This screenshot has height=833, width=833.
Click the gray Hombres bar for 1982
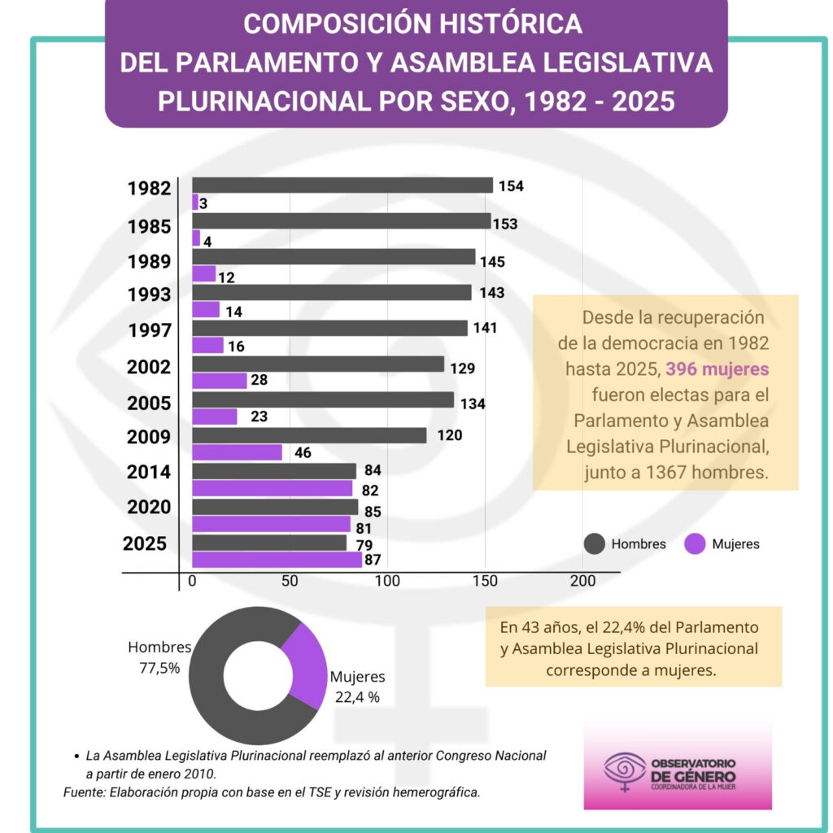(x=342, y=185)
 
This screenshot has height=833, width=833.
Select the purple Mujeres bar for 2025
(x=277, y=560)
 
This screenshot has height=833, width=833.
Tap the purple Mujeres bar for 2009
(x=237, y=452)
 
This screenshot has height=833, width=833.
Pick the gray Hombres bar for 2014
(x=274, y=471)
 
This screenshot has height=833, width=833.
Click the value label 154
(x=511, y=186)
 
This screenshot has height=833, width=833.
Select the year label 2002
(x=149, y=367)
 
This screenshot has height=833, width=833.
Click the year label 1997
(x=149, y=331)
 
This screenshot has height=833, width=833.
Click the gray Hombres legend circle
(x=595, y=544)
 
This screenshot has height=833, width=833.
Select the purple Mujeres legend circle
(x=695, y=544)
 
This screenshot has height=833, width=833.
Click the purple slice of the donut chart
(x=306, y=663)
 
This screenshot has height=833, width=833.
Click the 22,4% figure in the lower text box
(x=595, y=628)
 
